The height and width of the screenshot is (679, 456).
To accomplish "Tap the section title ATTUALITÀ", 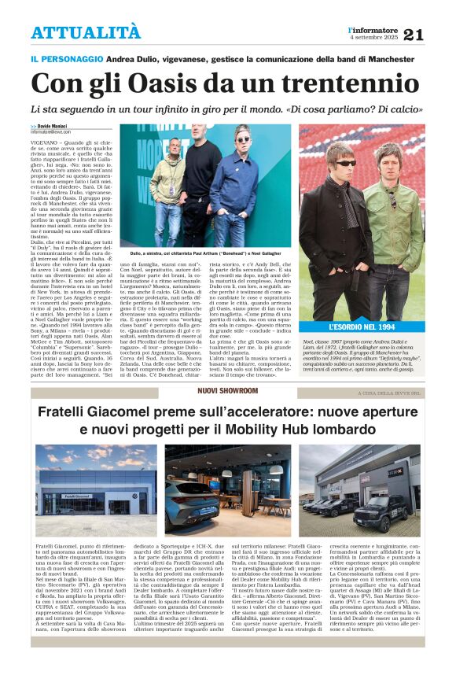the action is point(86,32).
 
